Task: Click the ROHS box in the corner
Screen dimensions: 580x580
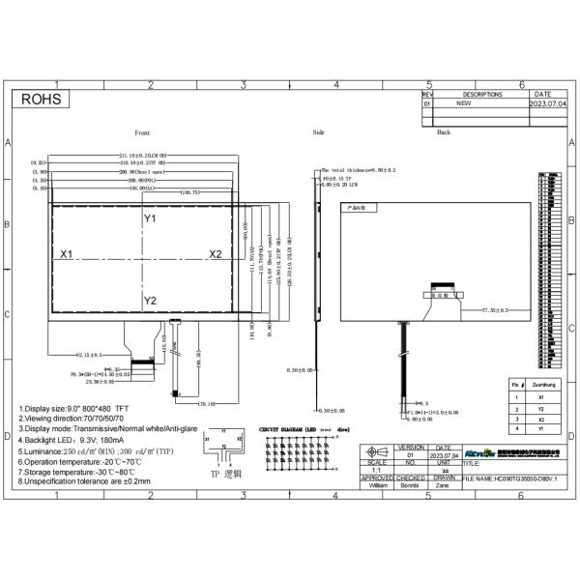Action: tap(43, 99)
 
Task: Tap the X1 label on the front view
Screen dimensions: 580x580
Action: tap(68, 254)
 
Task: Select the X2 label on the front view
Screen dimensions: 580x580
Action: tap(216, 254)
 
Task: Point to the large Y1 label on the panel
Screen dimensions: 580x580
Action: tap(150, 219)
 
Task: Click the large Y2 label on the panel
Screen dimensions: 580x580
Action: tap(150, 302)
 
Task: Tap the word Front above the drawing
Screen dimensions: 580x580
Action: tap(142, 132)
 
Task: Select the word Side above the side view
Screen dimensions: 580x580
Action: tap(319, 132)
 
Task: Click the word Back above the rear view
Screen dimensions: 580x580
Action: tap(444, 132)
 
